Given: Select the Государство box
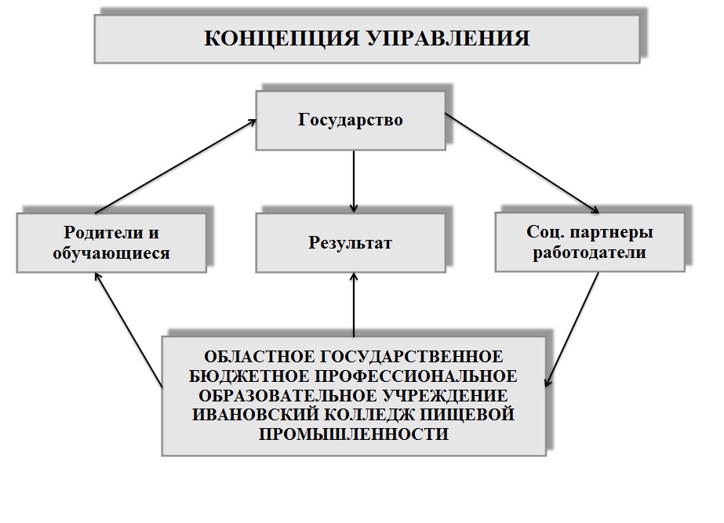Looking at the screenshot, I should click(x=350, y=120).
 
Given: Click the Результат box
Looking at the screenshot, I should click(x=350, y=242).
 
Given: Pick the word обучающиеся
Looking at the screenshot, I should click(x=111, y=253).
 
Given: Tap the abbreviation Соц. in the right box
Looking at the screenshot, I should click(x=542, y=232).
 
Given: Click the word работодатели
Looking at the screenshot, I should click(x=588, y=252).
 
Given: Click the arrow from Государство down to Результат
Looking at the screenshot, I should click(x=355, y=180).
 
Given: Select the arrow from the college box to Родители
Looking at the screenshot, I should click(x=129, y=329).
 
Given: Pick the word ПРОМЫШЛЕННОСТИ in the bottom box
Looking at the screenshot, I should click(x=355, y=434).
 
